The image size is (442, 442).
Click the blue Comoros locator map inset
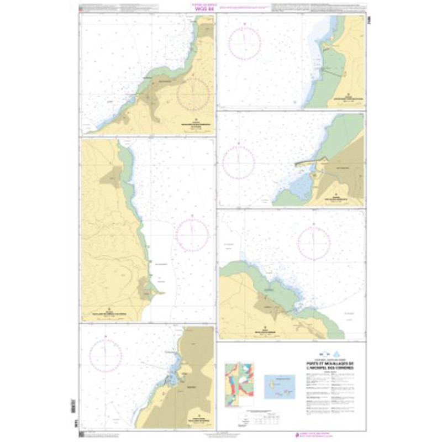(x=280, y=383)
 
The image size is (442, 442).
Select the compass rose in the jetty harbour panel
(x=238, y=163)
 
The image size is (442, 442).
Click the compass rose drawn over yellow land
(x=193, y=94)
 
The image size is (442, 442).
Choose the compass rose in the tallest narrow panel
(x=192, y=235)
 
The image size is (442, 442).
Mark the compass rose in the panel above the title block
(x=314, y=244)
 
